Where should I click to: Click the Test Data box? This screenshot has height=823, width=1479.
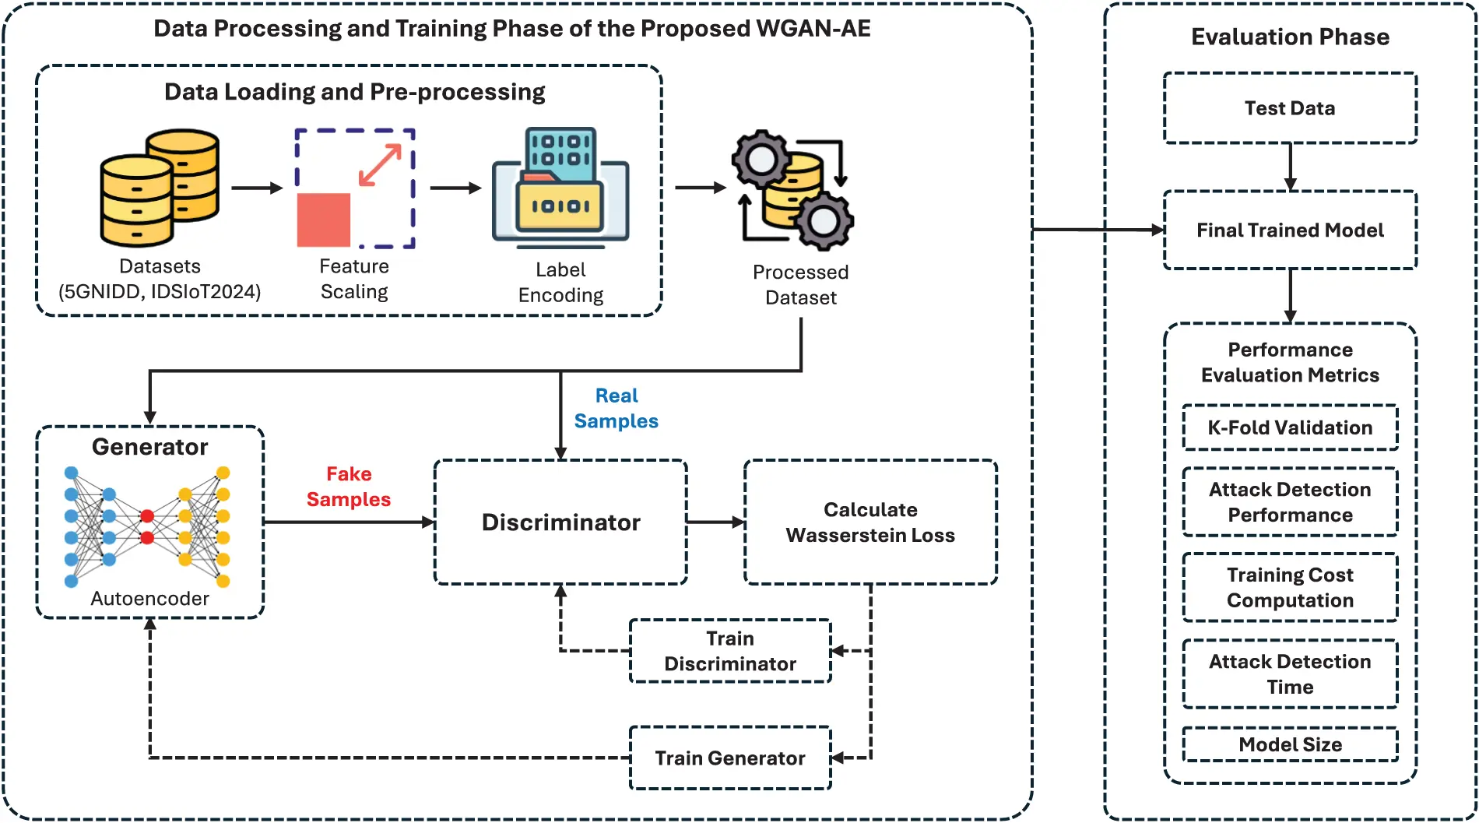tap(1289, 108)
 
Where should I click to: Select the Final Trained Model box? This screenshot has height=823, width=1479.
tap(1289, 230)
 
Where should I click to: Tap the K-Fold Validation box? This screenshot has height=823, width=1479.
tap(1289, 427)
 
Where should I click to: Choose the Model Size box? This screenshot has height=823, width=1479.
tap(1289, 744)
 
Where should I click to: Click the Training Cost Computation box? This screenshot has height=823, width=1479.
tap(1289, 587)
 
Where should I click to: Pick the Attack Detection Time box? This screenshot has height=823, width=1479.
tap(1289, 674)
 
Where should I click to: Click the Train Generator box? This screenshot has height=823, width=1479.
tap(729, 758)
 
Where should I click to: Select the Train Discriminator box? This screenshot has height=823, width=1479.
tap(729, 651)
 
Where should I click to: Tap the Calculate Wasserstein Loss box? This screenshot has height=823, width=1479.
tap(869, 522)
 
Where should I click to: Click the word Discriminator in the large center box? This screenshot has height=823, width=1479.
tap(560, 522)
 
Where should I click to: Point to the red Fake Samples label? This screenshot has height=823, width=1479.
tap(348, 487)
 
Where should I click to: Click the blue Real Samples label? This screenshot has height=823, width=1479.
tap(616, 408)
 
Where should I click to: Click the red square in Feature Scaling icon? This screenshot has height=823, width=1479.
tap(324, 220)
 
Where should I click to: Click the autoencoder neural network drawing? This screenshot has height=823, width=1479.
tap(147, 526)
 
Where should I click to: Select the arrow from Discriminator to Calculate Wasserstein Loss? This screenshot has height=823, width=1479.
tap(715, 522)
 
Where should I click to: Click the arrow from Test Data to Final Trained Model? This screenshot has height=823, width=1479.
tap(1290, 166)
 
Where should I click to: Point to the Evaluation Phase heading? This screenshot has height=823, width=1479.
tap(1289, 37)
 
